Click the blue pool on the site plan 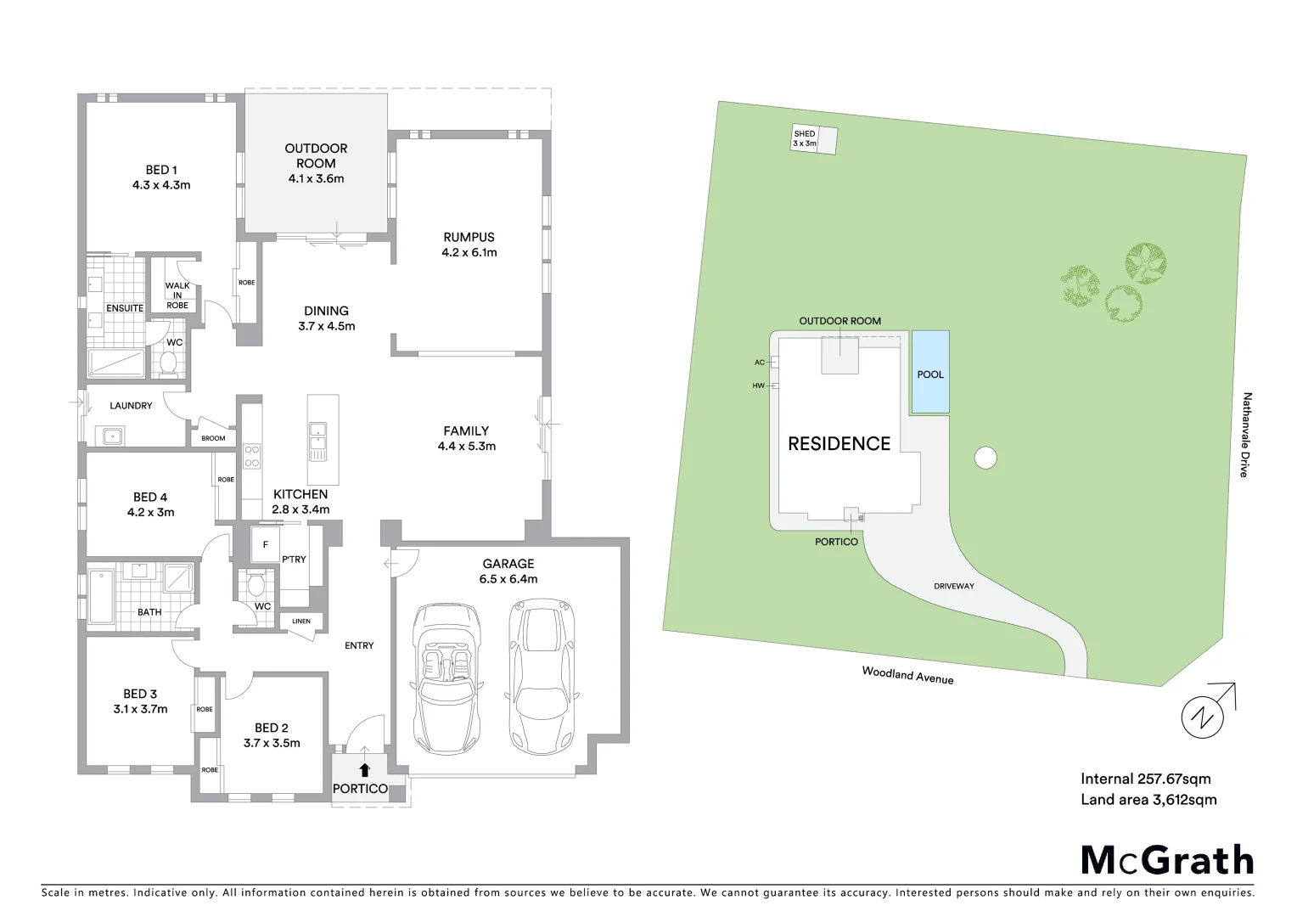930,373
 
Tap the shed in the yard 814,139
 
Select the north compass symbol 1204,717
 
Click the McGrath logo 1166,860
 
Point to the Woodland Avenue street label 907,675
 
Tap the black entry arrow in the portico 365,770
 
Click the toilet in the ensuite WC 169,363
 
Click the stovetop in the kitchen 252,456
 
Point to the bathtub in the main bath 101,598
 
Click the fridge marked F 265,544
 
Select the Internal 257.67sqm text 1145,779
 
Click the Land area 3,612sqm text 1148,799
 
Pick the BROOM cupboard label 213,438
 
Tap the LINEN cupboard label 301,622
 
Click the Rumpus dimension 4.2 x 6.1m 469,252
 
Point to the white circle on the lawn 985,458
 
